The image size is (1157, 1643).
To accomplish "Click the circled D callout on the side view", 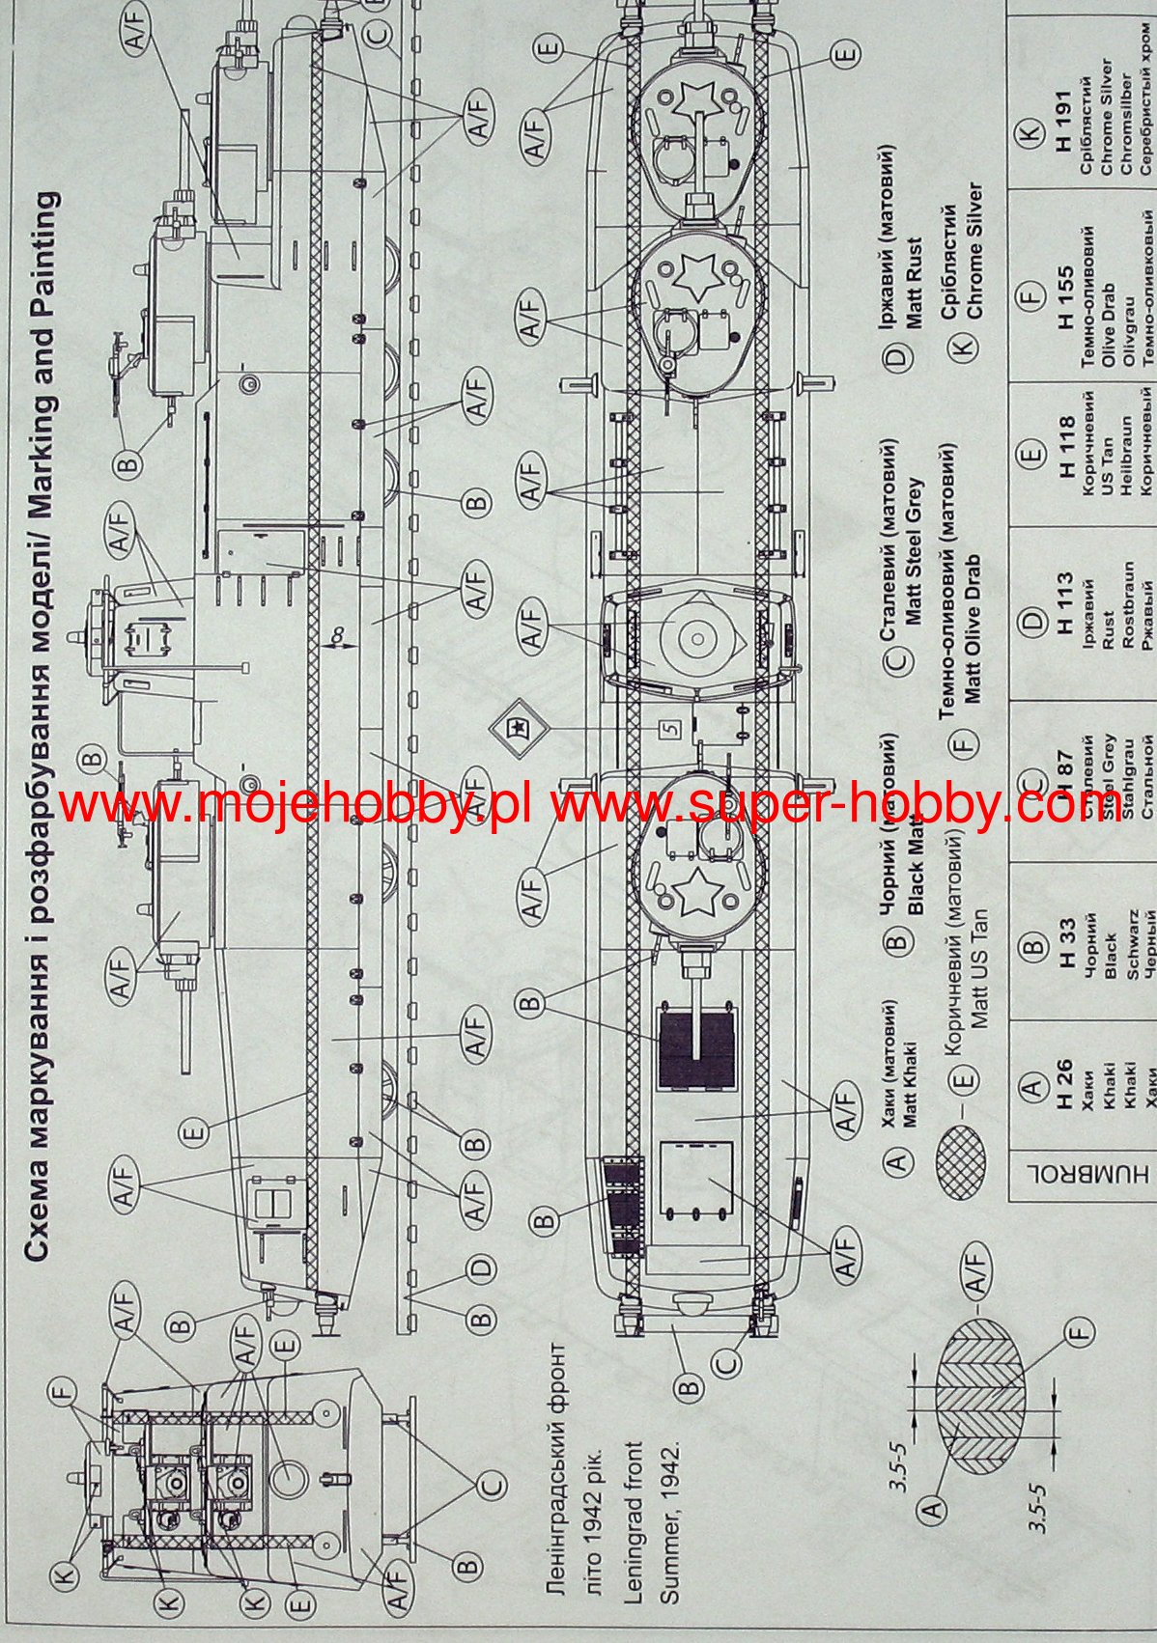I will [x=481, y=1267].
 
